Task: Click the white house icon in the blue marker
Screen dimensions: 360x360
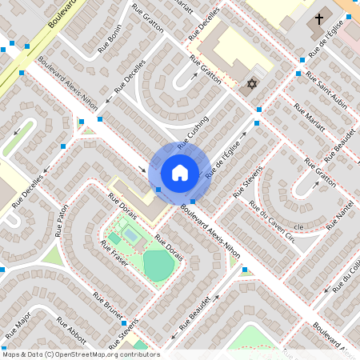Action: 179,172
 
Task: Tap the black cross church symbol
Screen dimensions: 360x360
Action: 319,18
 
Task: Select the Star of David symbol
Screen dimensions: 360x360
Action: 251,84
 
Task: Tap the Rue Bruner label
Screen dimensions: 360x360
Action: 108,305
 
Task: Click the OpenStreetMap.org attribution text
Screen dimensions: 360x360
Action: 104,354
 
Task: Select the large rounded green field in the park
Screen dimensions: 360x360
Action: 158,265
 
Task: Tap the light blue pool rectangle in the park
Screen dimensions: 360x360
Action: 130,236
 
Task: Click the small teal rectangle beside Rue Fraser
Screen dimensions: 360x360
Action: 115,238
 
